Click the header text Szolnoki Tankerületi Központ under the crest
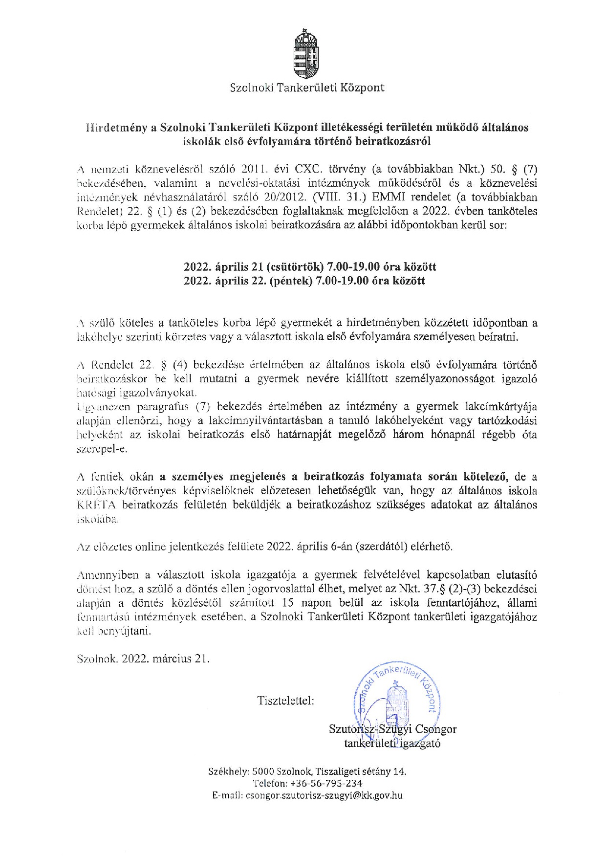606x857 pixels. coord(307,88)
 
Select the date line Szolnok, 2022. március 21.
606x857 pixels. coord(143,658)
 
